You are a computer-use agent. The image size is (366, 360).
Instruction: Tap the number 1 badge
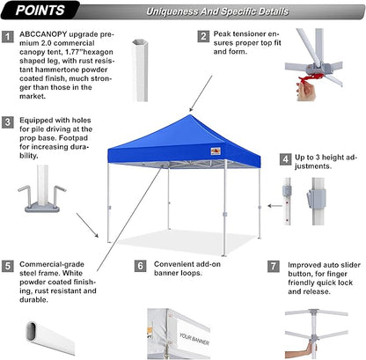click(8, 37)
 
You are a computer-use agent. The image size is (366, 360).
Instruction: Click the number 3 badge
click(8, 123)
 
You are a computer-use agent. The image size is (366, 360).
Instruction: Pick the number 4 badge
click(286, 159)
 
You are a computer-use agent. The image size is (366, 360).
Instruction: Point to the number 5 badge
click(8, 264)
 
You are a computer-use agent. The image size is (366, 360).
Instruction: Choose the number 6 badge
click(140, 264)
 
